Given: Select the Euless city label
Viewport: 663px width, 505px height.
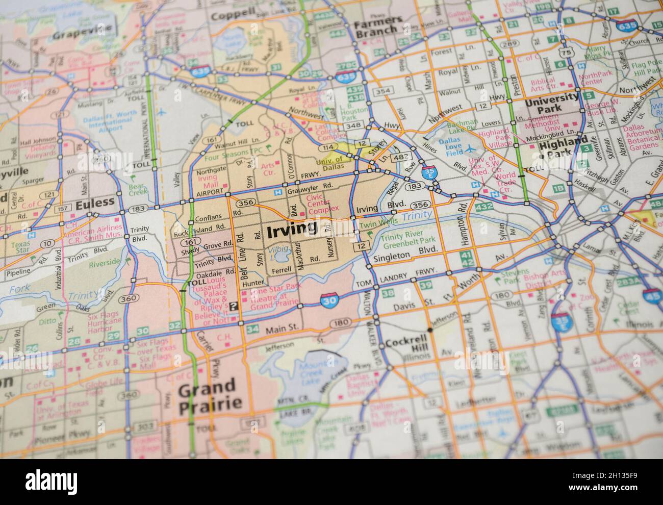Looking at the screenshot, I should point(95,203).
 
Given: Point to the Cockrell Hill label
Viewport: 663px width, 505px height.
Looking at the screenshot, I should point(406,343).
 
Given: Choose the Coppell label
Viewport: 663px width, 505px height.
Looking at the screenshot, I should point(232,16).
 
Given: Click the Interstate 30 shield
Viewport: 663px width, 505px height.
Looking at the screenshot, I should point(328,301).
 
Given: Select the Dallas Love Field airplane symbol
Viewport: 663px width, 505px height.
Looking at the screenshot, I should point(469,148).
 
